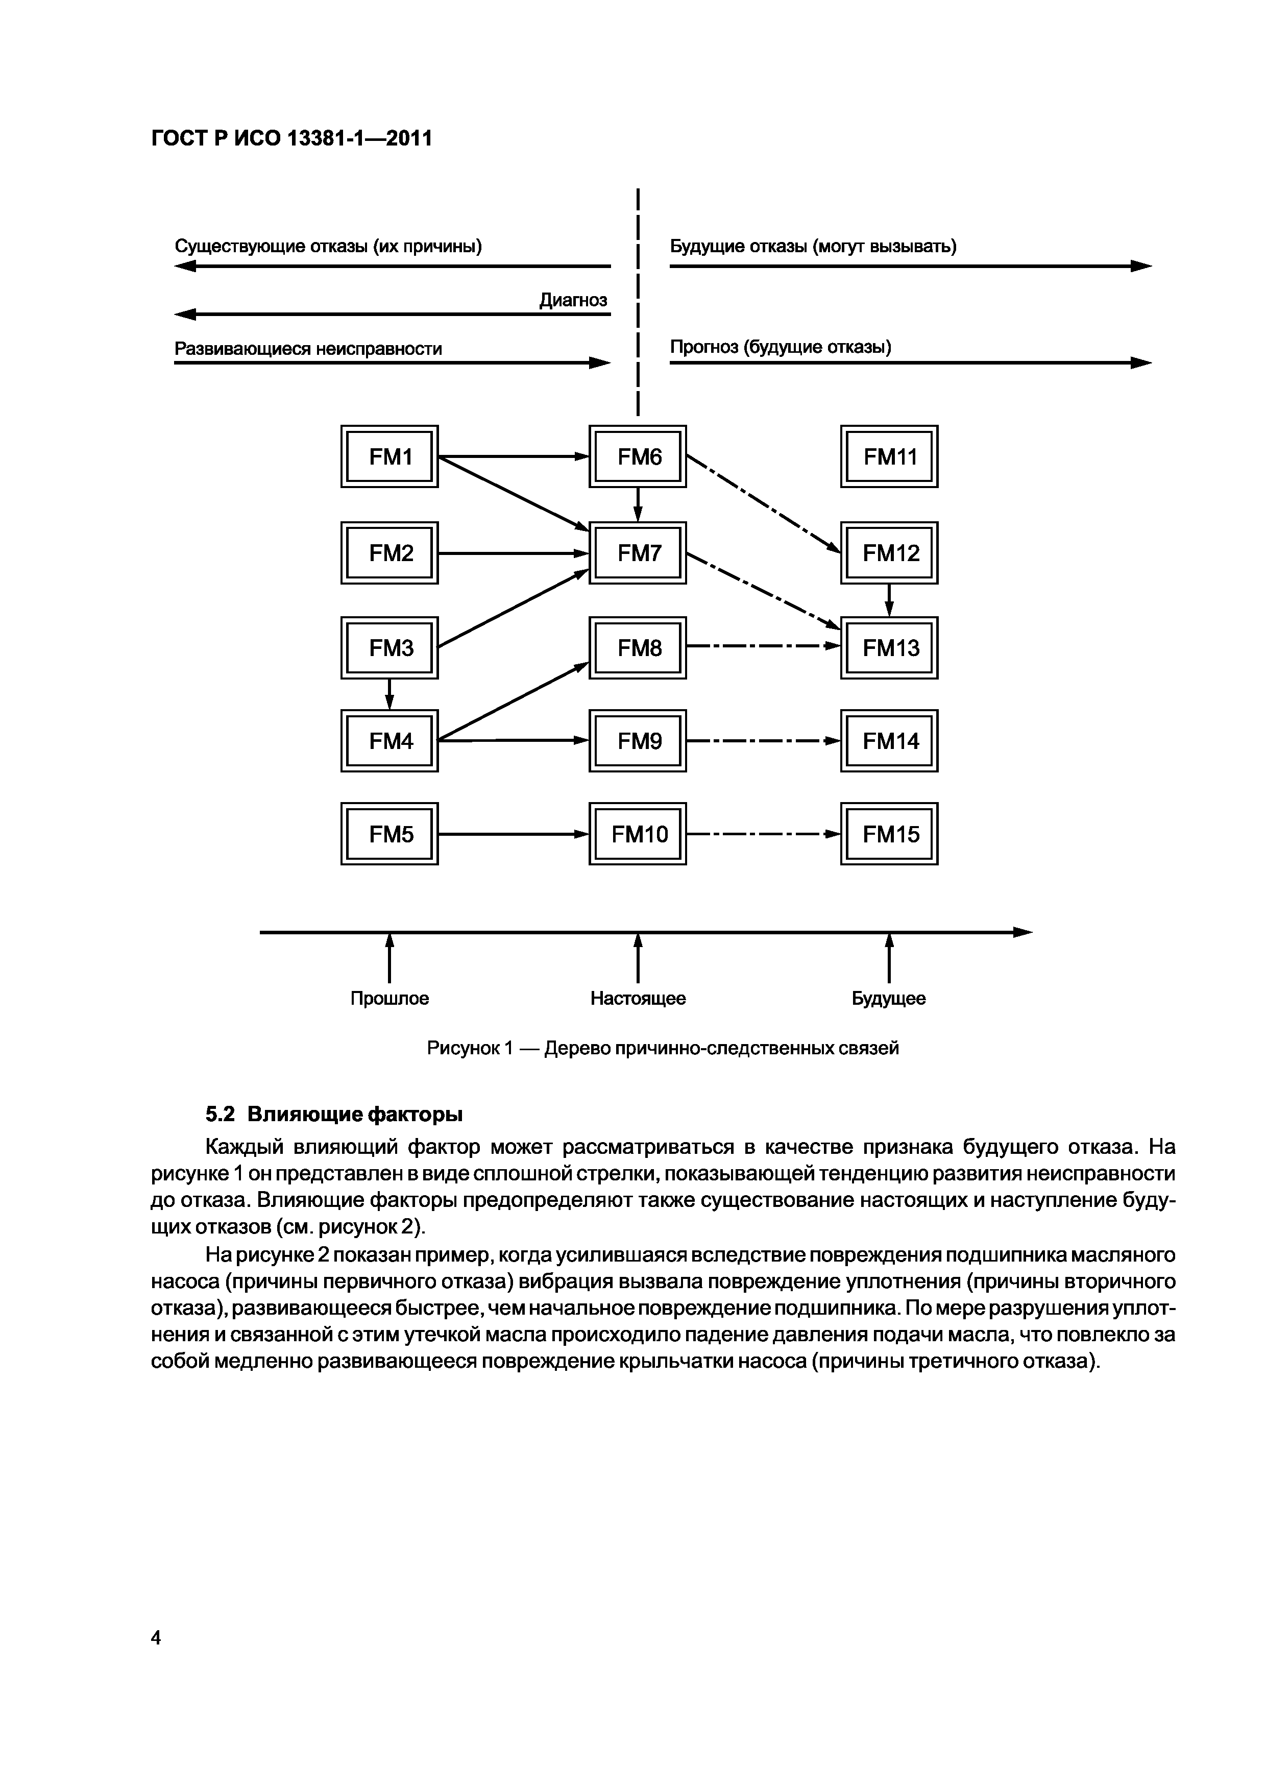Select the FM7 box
click(x=638, y=553)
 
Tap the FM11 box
click(x=889, y=456)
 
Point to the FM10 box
click(x=638, y=834)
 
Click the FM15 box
click(x=889, y=834)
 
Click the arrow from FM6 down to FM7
click(x=638, y=504)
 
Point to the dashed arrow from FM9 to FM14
click(x=763, y=741)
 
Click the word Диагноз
click(x=573, y=300)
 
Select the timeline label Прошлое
click(x=389, y=999)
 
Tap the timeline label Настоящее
click(x=638, y=999)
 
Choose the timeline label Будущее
click(x=888, y=999)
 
